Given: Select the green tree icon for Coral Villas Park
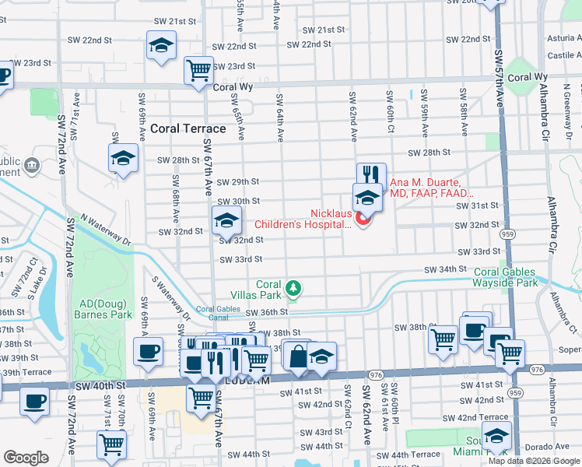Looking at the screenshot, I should [x=293, y=289].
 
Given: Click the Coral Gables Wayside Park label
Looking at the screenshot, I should [x=504, y=277].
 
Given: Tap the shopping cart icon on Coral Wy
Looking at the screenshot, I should [x=198, y=71].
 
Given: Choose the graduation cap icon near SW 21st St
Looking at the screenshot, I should [x=161, y=47].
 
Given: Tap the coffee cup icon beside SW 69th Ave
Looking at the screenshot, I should [x=148, y=351].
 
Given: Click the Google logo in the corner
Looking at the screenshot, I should [x=26, y=458].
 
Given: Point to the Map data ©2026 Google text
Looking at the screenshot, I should [x=534, y=461].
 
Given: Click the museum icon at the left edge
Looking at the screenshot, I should [x=32, y=165].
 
